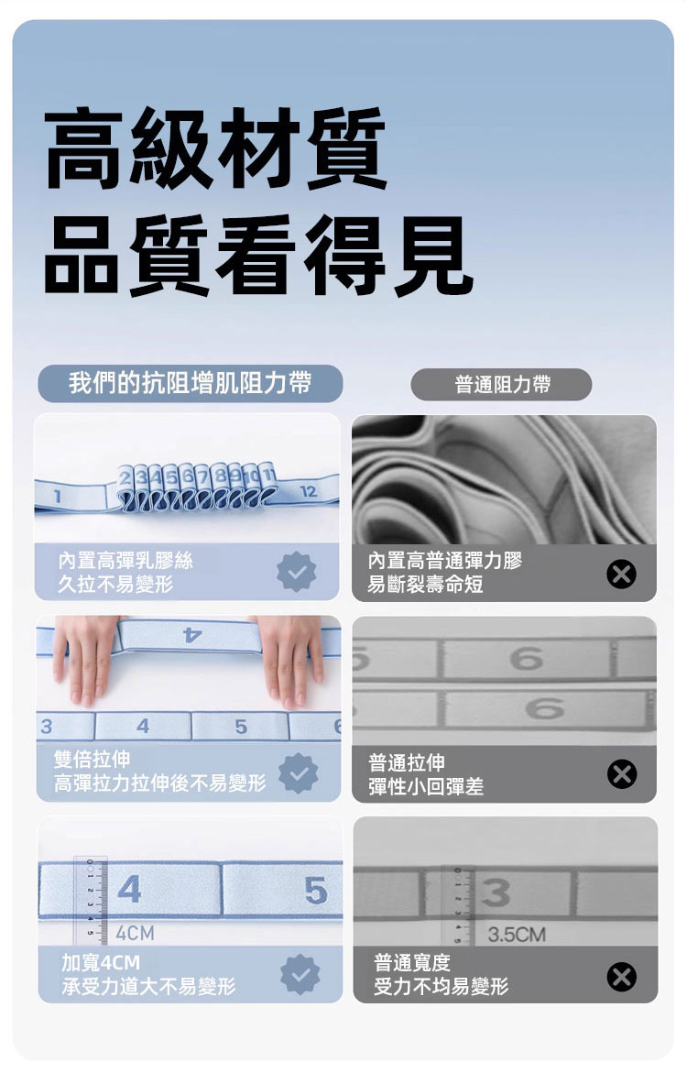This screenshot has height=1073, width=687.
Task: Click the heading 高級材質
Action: [x=215, y=148]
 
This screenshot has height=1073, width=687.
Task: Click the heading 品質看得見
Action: [x=258, y=255]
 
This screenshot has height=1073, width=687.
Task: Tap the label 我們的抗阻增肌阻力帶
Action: [x=191, y=382]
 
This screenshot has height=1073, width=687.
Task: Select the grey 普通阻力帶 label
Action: [x=502, y=385]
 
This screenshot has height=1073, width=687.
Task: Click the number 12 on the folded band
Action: [x=309, y=490]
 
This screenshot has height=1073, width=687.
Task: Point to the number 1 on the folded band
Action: [x=58, y=497]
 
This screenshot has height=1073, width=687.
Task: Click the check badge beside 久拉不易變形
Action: [x=296, y=572]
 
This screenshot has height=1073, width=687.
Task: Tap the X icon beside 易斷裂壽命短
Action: [x=621, y=574]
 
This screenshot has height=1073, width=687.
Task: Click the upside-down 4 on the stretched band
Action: [x=192, y=635]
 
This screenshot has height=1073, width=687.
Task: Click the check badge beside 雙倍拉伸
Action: [x=299, y=773]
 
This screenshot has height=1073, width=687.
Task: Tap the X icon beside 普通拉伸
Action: [x=621, y=774]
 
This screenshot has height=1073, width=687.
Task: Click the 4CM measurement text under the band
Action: [x=135, y=933]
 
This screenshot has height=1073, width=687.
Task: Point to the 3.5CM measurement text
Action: [x=517, y=934]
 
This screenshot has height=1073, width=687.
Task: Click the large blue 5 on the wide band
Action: [x=315, y=891]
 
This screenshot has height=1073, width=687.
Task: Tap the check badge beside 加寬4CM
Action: [x=300, y=974]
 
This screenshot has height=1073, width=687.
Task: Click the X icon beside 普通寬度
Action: [x=621, y=977]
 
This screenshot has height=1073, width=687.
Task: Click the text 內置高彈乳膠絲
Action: [x=125, y=561]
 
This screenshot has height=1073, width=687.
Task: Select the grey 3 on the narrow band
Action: [x=496, y=892]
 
